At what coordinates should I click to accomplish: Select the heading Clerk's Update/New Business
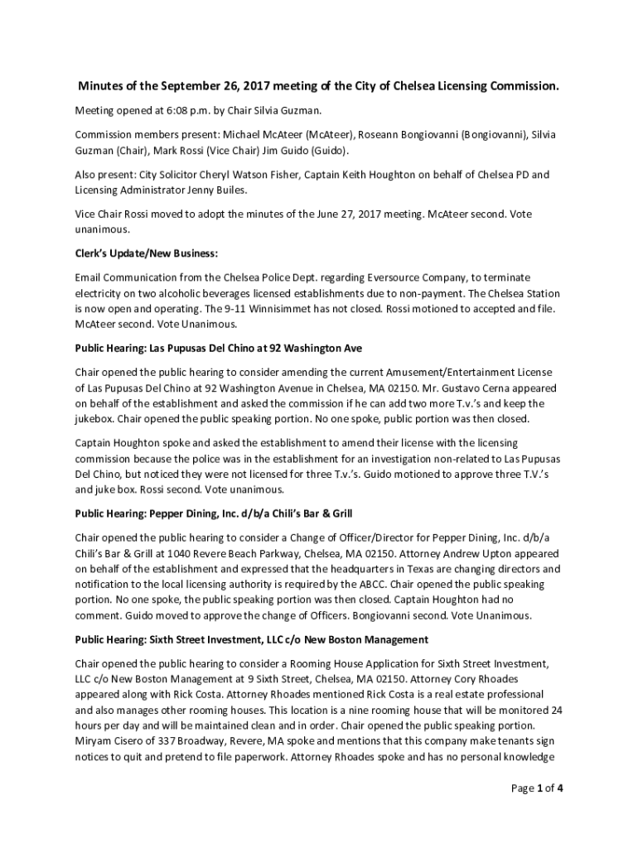147,253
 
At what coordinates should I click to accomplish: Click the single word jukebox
97,419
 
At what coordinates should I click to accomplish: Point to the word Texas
418,569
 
